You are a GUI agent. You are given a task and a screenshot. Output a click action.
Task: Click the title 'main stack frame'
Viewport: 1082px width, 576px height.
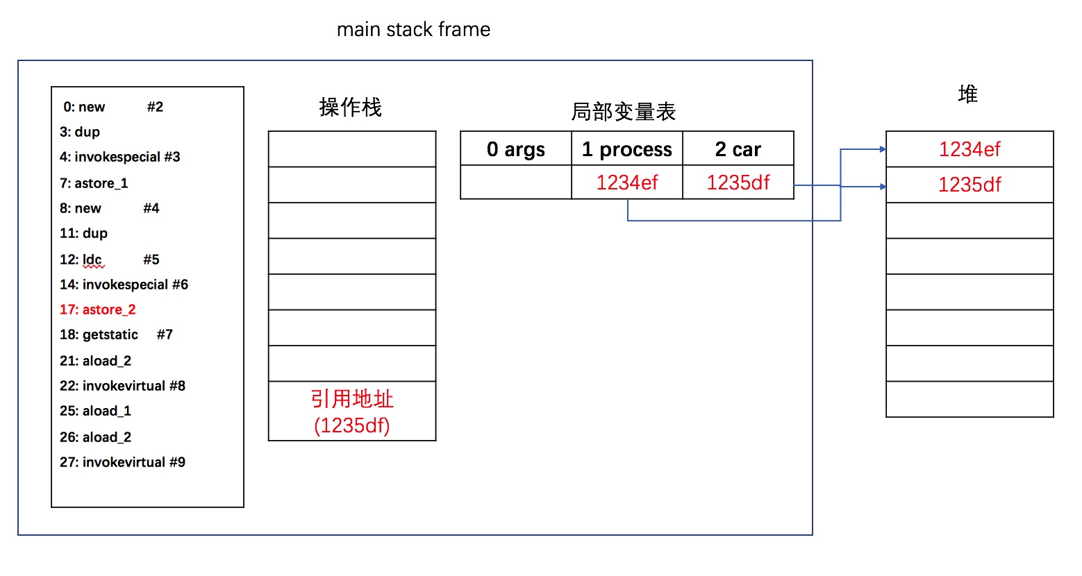tap(413, 29)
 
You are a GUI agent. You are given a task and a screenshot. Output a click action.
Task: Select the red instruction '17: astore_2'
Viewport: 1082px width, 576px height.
tap(97, 310)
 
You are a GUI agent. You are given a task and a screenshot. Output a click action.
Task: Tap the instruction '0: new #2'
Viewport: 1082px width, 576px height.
tap(113, 107)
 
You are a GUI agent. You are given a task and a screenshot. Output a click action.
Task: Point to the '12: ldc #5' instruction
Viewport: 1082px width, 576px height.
tap(109, 260)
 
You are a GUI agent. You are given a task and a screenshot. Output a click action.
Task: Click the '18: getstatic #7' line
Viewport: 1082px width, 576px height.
tap(116, 334)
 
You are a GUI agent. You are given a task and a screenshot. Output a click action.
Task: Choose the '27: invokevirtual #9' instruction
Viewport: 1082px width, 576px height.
tap(122, 462)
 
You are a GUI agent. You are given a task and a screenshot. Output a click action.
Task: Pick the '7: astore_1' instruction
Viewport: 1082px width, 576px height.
tap(94, 183)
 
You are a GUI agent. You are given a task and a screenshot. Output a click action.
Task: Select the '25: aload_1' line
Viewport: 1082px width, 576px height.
tap(95, 411)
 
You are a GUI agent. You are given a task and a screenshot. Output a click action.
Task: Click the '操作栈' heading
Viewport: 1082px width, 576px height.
tap(350, 107)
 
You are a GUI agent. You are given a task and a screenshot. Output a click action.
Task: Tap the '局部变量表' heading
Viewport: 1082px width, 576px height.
tap(623, 112)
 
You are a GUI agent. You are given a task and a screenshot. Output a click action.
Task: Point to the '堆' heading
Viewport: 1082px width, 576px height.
tap(968, 94)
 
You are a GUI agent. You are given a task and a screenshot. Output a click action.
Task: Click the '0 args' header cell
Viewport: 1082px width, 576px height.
tap(516, 149)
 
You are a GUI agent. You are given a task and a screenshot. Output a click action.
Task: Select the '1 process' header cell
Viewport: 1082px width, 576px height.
tap(627, 149)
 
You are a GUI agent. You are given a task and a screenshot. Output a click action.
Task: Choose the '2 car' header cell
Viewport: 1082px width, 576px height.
tap(738, 149)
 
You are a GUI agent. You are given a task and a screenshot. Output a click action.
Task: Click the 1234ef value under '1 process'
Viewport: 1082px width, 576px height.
tap(627, 183)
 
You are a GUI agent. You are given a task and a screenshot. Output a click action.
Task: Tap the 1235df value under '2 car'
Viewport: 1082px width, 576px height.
tap(738, 183)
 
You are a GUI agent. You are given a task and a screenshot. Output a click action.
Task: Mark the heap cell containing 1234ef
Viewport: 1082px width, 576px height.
tap(969, 149)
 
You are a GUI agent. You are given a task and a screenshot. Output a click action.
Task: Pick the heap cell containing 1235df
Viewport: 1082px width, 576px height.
tap(969, 185)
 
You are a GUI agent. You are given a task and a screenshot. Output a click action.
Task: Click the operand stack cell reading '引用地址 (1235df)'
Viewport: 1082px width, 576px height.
tap(352, 412)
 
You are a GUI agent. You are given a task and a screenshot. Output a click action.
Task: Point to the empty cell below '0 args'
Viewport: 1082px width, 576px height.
tap(516, 183)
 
